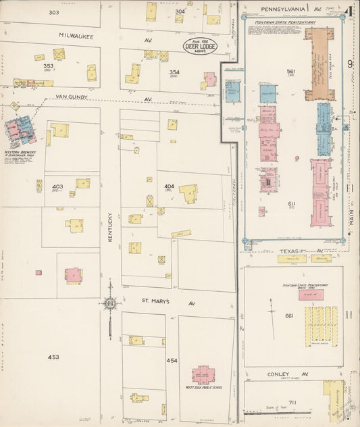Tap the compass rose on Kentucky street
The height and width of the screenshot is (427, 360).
(x=110, y=303)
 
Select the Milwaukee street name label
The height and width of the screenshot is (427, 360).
(x=76, y=35)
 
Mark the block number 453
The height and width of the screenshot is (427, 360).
(x=53, y=356)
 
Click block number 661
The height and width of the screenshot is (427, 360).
(x=289, y=316)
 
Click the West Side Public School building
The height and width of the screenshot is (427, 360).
(x=203, y=375)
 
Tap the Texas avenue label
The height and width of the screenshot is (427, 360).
(x=290, y=251)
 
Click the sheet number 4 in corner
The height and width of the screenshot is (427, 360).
(x=350, y=11)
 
